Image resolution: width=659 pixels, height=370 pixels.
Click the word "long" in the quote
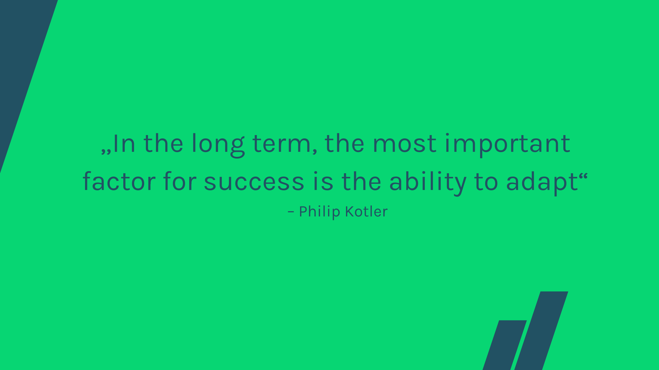[218, 145]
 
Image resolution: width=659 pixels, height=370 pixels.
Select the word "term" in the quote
[282, 144]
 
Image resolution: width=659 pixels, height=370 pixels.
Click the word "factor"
[119, 181]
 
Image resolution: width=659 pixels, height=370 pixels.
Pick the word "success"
[254, 182]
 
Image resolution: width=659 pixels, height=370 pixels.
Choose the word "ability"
[428, 183]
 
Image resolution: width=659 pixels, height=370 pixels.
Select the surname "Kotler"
[367, 211]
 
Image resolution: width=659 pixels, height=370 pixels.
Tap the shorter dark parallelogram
[505, 345]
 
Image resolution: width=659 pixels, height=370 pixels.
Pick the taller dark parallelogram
[541, 331]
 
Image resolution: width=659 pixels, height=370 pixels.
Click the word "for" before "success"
[180, 181]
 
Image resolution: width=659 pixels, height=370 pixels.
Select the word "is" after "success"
[323, 181]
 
